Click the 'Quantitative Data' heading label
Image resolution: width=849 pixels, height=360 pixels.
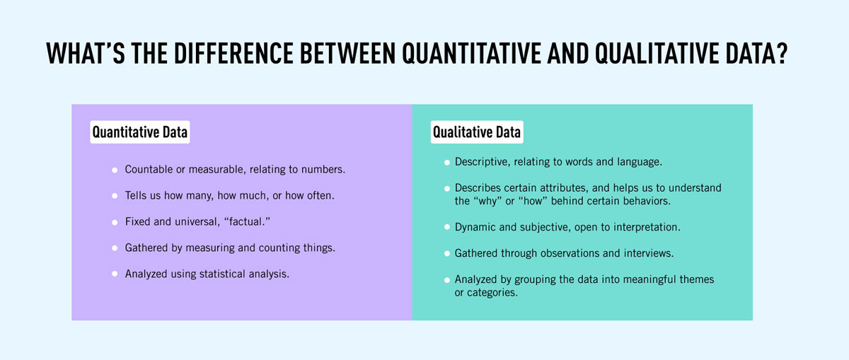pos(140,132)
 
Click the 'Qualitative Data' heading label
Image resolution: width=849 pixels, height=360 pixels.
pos(477,132)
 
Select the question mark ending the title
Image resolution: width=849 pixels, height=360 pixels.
pos(798,54)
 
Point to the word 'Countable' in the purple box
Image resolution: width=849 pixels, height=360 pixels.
pos(148,170)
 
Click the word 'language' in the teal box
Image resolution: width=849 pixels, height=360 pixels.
pos(638,162)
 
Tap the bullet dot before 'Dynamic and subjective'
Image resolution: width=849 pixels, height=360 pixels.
pos(447,227)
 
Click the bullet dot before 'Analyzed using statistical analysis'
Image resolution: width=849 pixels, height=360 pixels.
pos(115,274)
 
